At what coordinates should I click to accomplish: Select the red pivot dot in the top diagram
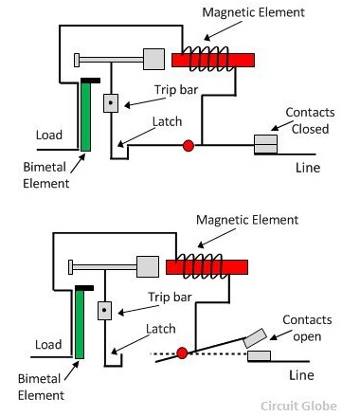[188, 145]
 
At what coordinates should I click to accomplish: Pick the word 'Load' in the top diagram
[48, 135]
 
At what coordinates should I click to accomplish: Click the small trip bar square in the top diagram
[111, 101]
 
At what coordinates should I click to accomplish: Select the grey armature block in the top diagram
[153, 59]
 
